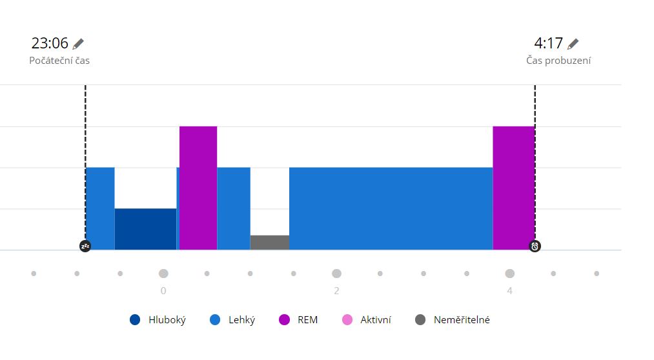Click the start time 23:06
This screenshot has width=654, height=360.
[50, 43]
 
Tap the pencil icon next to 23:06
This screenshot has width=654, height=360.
[78, 44]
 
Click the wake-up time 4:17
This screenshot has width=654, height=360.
[548, 43]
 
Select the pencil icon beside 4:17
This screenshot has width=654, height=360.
[573, 44]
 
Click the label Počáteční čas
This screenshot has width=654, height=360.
[59, 61]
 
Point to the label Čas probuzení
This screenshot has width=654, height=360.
[558, 61]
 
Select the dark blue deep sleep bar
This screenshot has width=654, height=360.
[145, 229]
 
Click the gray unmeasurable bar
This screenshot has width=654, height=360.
[269, 243]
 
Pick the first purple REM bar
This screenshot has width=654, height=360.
[198, 188]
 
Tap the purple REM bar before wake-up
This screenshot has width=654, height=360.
[513, 188]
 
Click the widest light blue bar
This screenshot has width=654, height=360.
[391, 208]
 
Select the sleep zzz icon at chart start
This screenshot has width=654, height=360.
[85, 246]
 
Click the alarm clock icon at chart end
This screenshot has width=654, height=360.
[535, 246]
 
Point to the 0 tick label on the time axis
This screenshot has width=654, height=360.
[163, 291]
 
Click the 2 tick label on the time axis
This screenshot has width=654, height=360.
[336, 291]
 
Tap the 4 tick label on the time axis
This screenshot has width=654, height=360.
[509, 291]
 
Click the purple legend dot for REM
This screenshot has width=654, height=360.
[284, 320]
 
